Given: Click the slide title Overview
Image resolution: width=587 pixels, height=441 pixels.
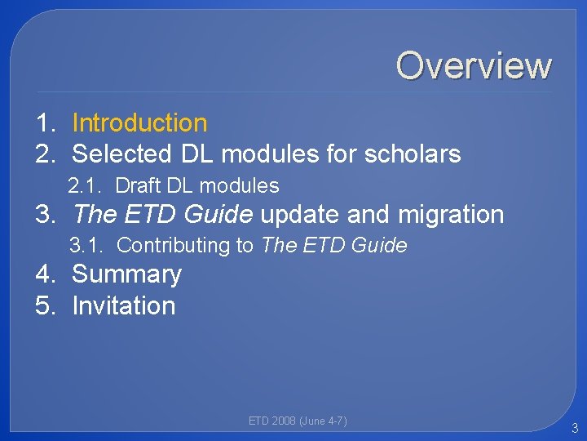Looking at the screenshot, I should (474, 65).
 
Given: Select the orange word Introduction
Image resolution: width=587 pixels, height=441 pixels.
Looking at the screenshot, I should (139, 123).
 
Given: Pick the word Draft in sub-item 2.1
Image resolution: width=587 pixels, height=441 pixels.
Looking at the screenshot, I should (138, 186).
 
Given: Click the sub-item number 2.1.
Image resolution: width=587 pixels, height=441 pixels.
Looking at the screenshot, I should (85, 186).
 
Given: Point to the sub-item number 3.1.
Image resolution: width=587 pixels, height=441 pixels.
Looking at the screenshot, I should (86, 245).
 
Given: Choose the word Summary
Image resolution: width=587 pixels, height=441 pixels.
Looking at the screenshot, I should (126, 274).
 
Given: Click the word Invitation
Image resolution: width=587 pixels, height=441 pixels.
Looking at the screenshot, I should (124, 305).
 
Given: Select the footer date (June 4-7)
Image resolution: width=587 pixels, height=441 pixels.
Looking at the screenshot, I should (324, 421).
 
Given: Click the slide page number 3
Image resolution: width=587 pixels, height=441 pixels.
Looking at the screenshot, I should (575, 428).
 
